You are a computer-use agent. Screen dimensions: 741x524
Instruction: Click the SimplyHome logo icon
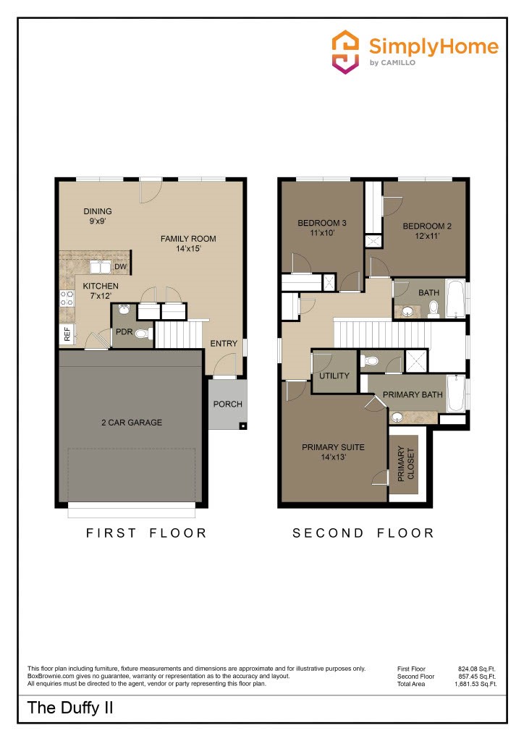click(x=345, y=51)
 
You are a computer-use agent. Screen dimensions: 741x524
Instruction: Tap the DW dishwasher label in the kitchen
click(x=120, y=267)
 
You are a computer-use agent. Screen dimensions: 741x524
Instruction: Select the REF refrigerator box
click(x=67, y=334)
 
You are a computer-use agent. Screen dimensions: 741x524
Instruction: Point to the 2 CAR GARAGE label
click(x=132, y=422)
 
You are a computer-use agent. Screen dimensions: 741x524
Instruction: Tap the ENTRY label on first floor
click(x=224, y=343)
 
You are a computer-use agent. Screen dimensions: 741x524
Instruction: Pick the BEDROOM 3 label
click(x=322, y=228)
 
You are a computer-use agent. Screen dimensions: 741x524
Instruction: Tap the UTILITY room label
click(x=334, y=376)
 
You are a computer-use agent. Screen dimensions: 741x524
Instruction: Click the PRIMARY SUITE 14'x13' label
click(x=333, y=452)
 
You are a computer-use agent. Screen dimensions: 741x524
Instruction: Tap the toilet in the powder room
click(x=143, y=334)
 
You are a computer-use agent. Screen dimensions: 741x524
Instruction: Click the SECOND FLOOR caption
click(x=363, y=533)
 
